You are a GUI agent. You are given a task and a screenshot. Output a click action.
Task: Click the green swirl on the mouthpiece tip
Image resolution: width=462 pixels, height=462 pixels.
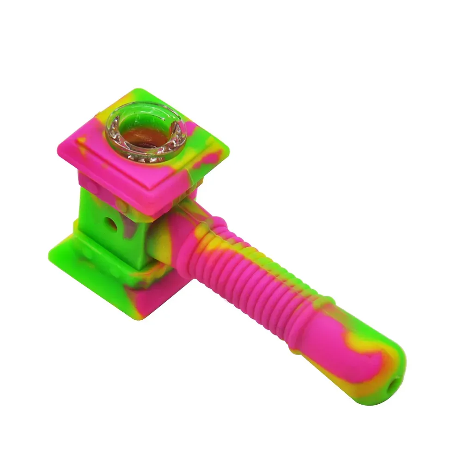(x=397, y=365)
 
